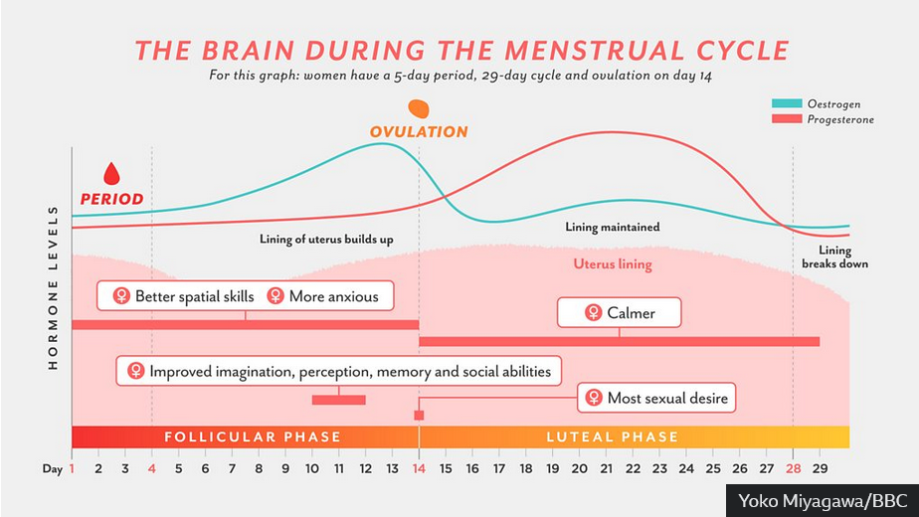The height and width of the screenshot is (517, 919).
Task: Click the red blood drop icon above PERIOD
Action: pos(111,174)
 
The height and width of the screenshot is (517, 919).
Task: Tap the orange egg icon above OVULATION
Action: pos(419,109)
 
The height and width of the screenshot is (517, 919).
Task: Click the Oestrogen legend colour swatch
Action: pos(788,103)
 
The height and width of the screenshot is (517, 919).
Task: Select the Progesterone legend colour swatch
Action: pos(788,119)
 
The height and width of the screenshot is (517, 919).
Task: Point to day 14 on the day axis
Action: pos(419,466)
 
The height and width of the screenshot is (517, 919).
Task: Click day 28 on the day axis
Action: pos(793,466)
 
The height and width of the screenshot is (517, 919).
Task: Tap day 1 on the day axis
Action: pos(72,466)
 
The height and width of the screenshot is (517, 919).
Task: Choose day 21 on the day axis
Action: pos(606,466)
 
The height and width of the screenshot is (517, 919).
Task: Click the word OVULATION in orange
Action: pos(419,132)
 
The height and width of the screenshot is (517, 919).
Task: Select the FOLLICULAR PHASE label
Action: pos(253,436)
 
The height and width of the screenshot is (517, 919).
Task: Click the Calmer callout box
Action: pos(620,313)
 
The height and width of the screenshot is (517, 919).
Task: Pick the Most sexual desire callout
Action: pos(657,399)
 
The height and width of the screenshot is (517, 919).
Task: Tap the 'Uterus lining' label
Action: pos(613,264)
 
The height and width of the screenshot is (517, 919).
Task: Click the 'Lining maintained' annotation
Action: pos(613,227)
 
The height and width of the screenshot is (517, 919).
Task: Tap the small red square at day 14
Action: pos(419,415)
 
